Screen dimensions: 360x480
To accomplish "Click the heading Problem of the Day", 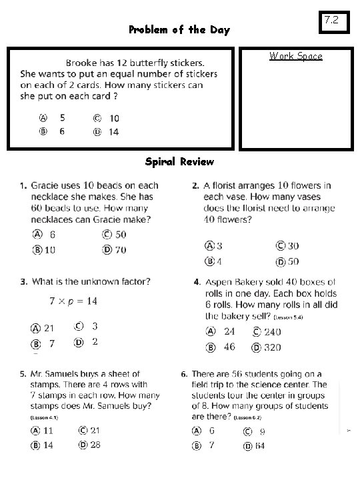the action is click(x=179, y=30).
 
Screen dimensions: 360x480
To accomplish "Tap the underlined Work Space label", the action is click(x=295, y=56).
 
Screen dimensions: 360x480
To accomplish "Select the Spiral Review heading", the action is click(x=179, y=162).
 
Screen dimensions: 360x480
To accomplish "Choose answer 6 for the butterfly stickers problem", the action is click(x=62, y=131).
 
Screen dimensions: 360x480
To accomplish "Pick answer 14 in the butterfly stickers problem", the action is click(x=114, y=131).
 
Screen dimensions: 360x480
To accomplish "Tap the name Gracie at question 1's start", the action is click(x=45, y=185).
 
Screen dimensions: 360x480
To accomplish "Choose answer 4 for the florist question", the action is click(x=219, y=262).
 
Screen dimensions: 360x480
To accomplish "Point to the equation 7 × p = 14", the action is click(x=73, y=301).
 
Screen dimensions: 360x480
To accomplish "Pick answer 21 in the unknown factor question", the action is click(x=49, y=328).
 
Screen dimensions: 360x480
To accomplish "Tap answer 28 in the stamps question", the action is click(x=95, y=445).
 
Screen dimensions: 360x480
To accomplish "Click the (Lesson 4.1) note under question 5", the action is click(x=45, y=417).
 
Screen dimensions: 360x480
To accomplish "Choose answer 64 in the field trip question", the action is click(x=259, y=446).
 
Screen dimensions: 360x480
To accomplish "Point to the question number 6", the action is click(x=184, y=374).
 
